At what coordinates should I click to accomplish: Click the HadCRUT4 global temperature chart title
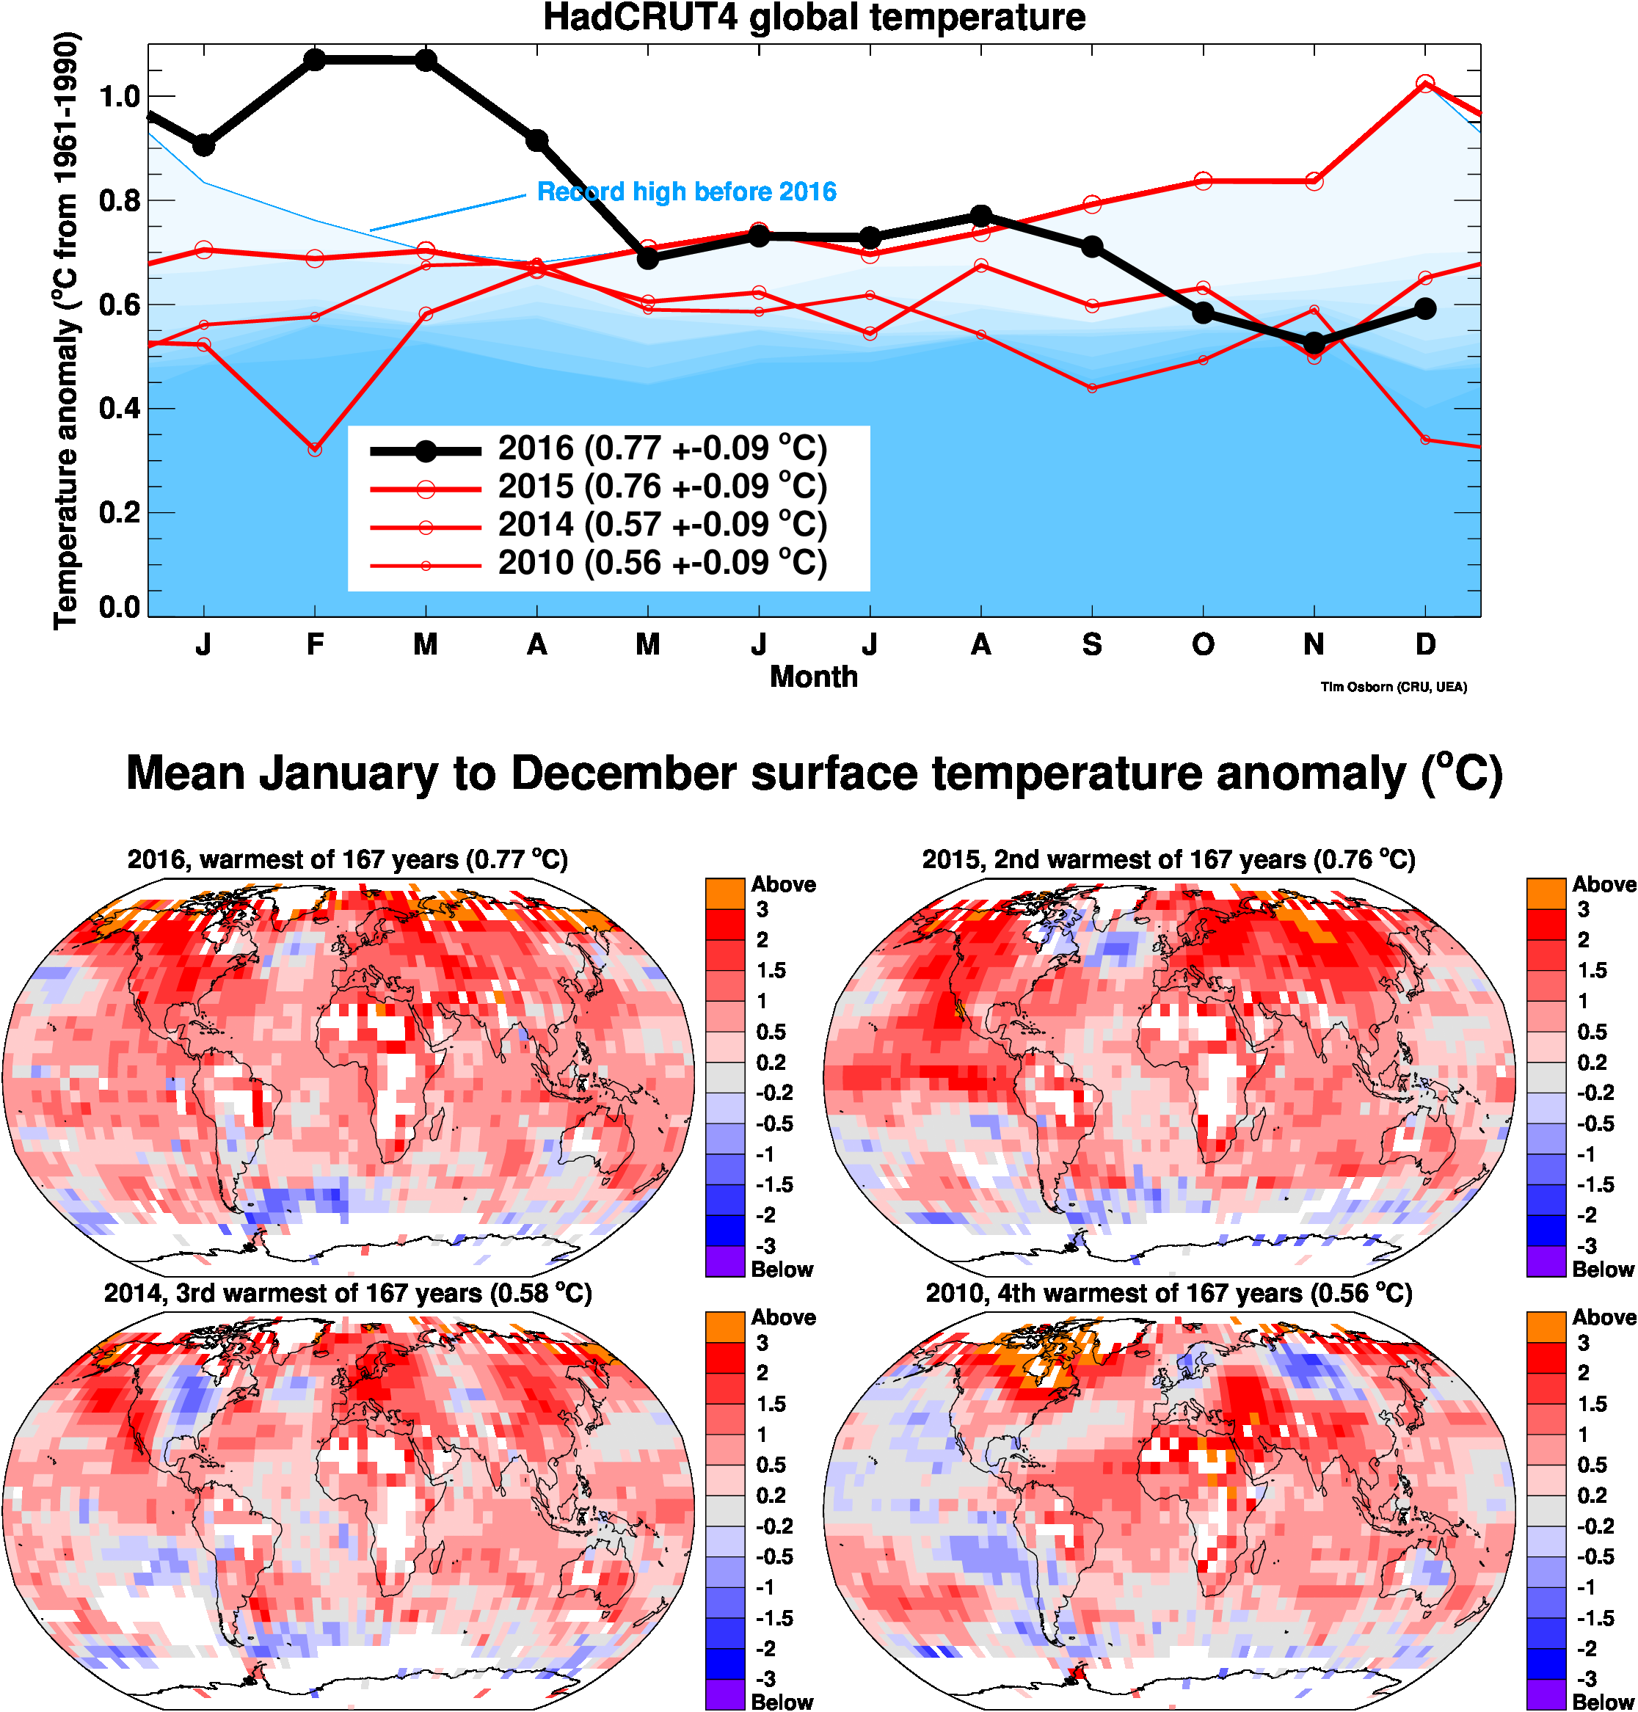(814, 18)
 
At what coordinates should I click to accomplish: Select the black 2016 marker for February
(316, 60)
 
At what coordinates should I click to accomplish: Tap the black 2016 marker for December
(1425, 308)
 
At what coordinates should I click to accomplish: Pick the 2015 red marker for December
(1425, 84)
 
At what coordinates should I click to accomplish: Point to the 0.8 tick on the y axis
(120, 202)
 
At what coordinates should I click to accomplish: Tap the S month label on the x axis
(1091, 644)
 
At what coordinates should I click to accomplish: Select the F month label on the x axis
(316, 644)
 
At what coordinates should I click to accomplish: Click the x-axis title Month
(814, 677)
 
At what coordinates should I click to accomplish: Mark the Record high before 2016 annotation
(686, 192)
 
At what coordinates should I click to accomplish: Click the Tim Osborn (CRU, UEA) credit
(1394, 687)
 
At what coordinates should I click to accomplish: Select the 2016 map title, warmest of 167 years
(348, 860)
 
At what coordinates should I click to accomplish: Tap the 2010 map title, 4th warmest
(1168, 1293)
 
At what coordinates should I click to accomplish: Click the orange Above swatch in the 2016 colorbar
(725, 893)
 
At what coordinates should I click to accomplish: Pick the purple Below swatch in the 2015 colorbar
(1546, 1261)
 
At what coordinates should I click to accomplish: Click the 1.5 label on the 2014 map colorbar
(771, 1404)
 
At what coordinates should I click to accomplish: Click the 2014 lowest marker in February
(316, 450)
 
